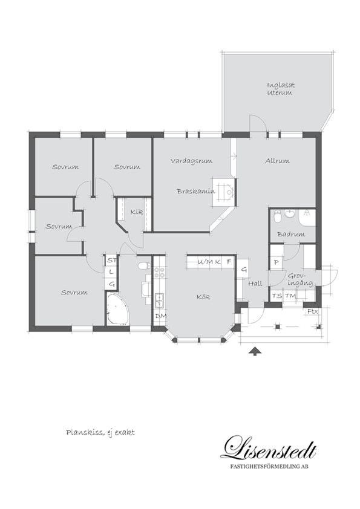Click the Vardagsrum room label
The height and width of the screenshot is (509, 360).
191,161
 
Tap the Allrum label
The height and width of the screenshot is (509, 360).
277,160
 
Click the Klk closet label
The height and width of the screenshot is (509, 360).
137,212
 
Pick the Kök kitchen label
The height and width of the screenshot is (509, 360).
203,297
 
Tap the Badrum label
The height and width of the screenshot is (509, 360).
291,234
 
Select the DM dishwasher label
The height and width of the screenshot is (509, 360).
160,316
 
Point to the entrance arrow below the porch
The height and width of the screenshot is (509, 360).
255,351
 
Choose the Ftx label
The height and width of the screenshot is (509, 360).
312,312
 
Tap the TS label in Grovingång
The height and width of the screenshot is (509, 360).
277,296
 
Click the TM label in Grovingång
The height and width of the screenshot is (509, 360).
290,296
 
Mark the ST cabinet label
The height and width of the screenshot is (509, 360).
112,260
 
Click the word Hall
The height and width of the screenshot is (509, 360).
255,284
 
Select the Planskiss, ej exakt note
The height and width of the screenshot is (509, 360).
100,433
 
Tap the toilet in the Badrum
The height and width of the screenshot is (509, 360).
277,216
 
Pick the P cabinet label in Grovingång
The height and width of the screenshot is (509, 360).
277,262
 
